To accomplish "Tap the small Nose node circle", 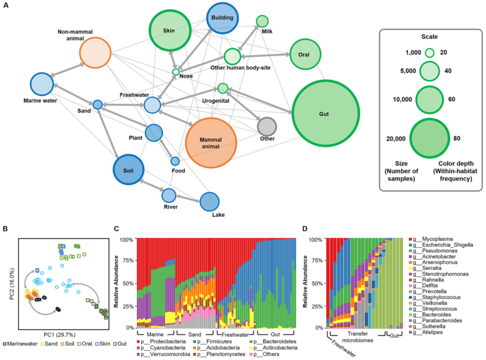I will [176, 72].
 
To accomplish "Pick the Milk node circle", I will [262, 21].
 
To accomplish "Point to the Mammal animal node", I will [211, 142].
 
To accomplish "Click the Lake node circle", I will [209, 202].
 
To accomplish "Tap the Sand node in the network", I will [98, 104].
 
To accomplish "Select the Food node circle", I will [175, 161].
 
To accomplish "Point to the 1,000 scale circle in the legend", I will [430, 53].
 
